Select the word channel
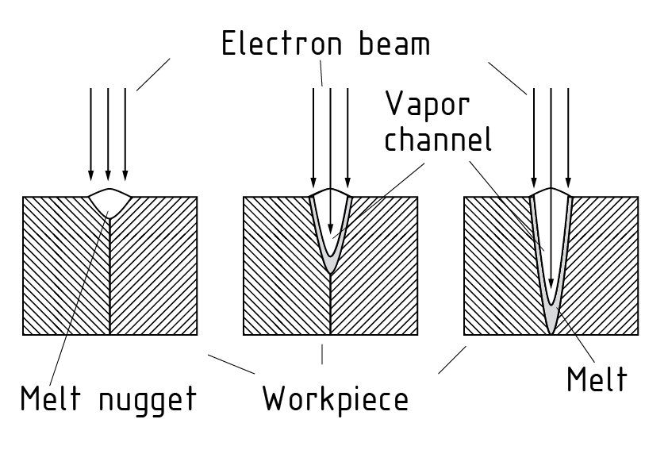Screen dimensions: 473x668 pyautogui.click(x=438, y=140)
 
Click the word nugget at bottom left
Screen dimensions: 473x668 pyautogui.click(x=147, y=398)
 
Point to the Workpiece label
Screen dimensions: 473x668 pyautogui.click(x=335, y=398)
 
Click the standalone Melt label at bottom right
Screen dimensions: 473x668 pyautogui.click(x=597, y=379)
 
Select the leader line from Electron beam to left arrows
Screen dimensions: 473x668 pyautogui.click(x=153, y=74)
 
